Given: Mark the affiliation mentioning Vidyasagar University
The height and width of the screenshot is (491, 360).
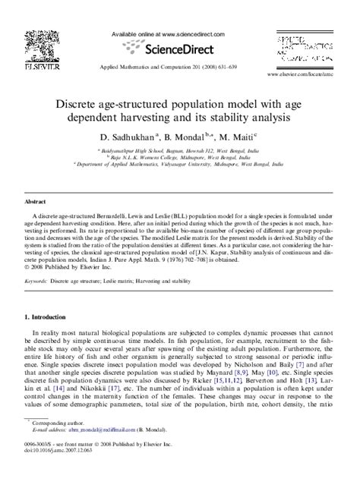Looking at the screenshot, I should (x=179, y=162).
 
